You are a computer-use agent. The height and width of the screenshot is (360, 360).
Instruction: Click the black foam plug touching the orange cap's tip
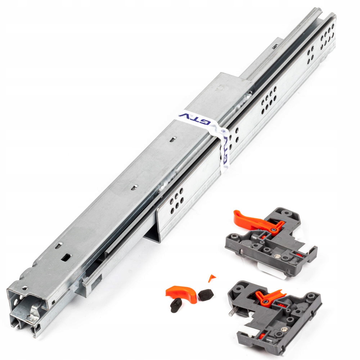pos(206,294)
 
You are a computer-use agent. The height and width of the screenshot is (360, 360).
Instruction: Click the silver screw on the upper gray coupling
pos(277,256)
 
